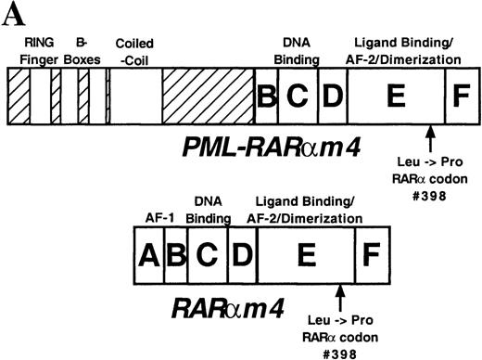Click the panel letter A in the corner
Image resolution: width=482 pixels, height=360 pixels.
pos(9,10)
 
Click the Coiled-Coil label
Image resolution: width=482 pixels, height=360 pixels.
pos(135,53)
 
